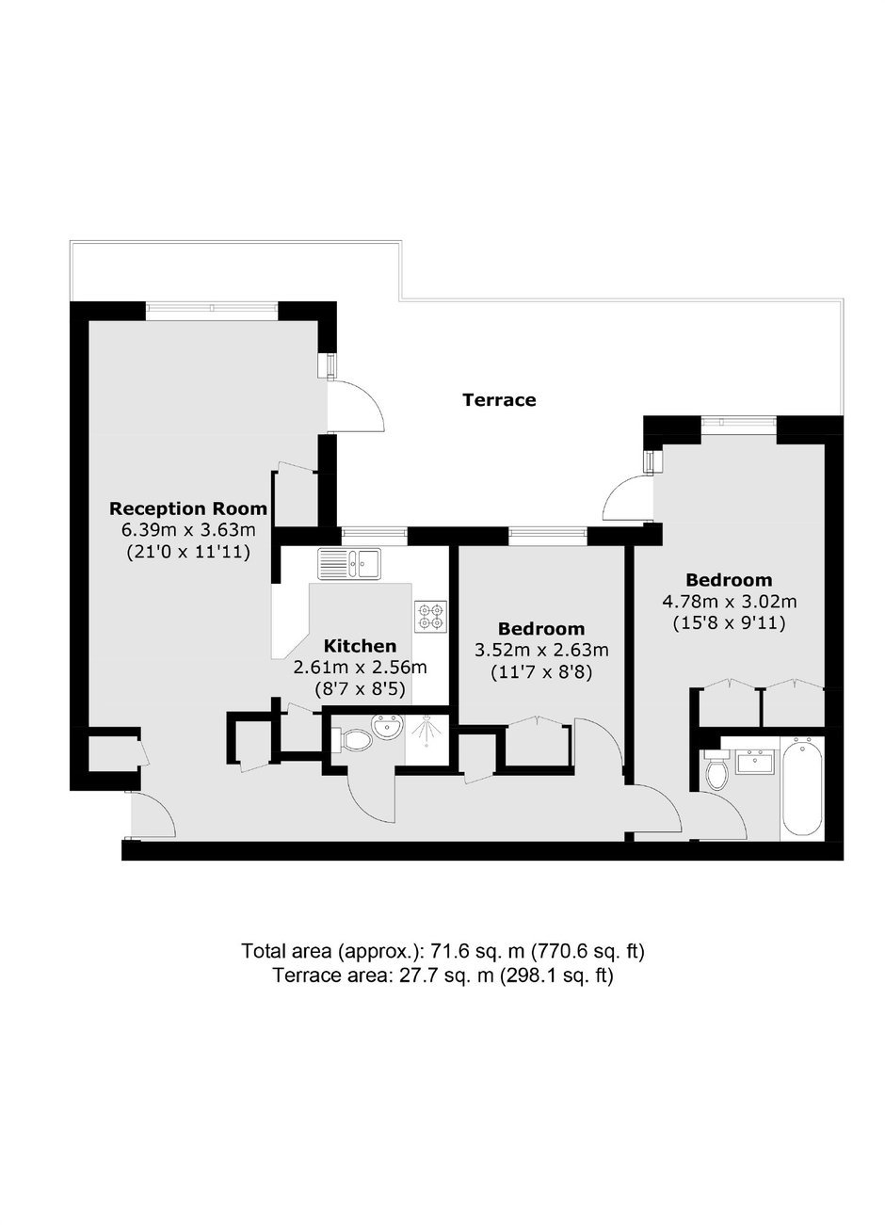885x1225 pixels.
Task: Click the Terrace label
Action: click(499, 400)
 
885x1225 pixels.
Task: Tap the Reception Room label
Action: click(188, 508)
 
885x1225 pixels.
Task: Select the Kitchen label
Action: click(360, 646)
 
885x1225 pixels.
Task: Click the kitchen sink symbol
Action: click(349, 563)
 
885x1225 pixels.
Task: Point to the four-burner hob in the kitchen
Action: click(431, 617)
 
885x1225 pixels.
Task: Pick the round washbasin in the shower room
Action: click(387, 727)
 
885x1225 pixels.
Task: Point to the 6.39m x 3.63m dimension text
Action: click(188, 530)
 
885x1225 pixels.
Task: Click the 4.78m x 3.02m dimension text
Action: click(730, 602)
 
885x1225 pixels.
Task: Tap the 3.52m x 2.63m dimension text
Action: click(541, 651)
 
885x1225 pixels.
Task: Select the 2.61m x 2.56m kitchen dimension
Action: click(360, 668)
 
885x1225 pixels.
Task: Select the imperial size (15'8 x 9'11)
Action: click(730, 623)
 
